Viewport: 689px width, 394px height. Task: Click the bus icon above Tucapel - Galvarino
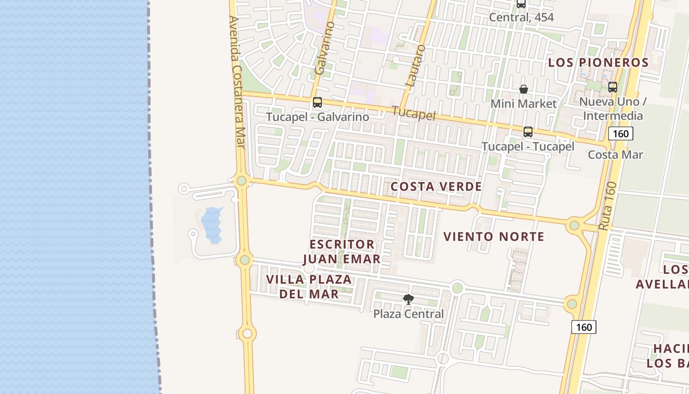317,102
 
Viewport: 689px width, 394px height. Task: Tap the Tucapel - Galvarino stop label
317,117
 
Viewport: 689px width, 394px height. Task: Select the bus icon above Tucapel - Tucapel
528,132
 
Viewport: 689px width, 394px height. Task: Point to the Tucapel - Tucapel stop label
528,146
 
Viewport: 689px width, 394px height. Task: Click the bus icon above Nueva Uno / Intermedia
613,87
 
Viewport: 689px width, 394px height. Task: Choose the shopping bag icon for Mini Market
524,89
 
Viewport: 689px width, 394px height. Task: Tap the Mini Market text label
524,103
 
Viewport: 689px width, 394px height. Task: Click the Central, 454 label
521,17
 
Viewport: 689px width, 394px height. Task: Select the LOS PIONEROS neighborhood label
598,63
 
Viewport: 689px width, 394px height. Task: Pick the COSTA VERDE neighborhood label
436,187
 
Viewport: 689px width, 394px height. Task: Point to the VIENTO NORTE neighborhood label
494,236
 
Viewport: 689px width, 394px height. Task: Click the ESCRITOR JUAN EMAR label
342,252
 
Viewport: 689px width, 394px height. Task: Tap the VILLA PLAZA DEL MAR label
309,287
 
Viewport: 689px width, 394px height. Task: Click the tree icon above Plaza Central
408,299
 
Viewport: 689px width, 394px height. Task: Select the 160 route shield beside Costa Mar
620,133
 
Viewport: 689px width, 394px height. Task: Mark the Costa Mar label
615,154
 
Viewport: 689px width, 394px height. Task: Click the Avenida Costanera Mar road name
237,81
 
